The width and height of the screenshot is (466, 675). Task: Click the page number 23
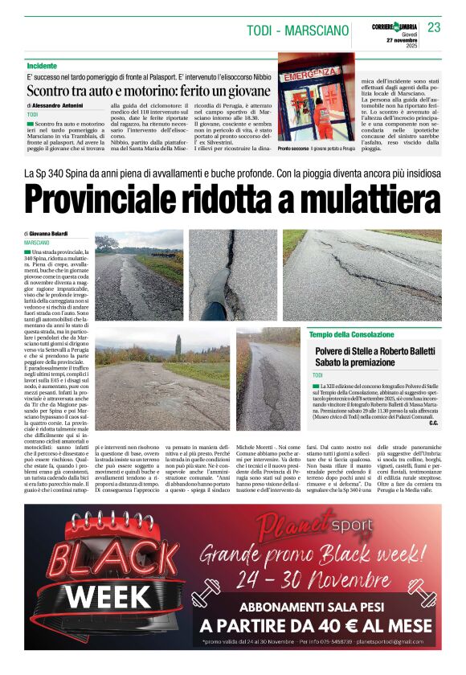coord(434,27)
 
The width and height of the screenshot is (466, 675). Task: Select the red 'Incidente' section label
coord(42,65)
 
